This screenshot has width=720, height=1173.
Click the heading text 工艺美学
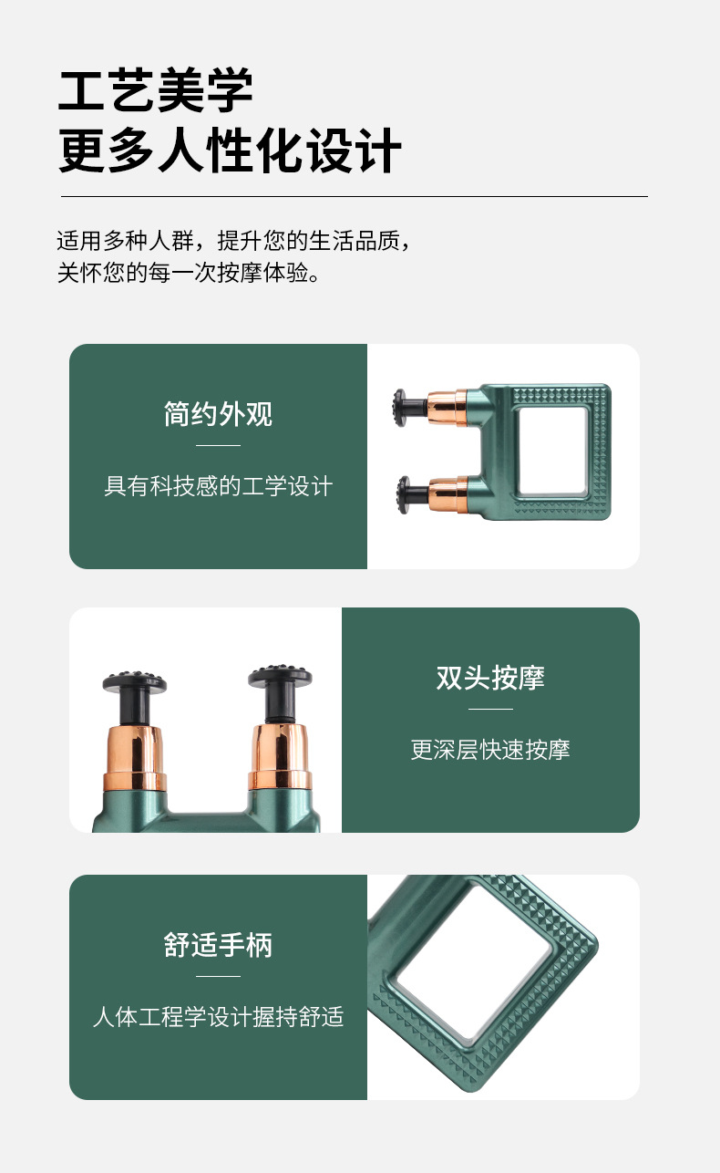[156, 90]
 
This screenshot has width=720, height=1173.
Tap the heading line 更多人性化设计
[230, 151]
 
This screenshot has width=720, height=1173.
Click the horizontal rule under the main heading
[355, 196]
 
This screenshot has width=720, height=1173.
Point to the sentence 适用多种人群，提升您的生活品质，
[233, 241]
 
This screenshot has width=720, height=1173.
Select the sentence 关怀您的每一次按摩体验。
[189, 273]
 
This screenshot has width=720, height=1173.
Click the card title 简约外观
[218, 414]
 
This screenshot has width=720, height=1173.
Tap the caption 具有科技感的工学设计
[218, 486]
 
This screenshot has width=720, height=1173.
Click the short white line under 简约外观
[218, 446]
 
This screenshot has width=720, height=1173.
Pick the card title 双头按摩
[490, 678]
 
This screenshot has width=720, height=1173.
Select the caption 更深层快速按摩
[490, 750]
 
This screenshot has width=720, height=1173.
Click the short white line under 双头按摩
[490, 709]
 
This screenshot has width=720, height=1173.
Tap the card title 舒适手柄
[218, 945]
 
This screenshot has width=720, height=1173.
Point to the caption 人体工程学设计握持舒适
[218, 1016]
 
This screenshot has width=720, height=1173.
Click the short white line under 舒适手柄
[218, 976]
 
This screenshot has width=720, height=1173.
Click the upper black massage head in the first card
[408, 406]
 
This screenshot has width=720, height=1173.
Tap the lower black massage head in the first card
[410, 494]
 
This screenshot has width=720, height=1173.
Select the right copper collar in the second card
[280, 756]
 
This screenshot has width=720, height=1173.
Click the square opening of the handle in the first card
[552, 452]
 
